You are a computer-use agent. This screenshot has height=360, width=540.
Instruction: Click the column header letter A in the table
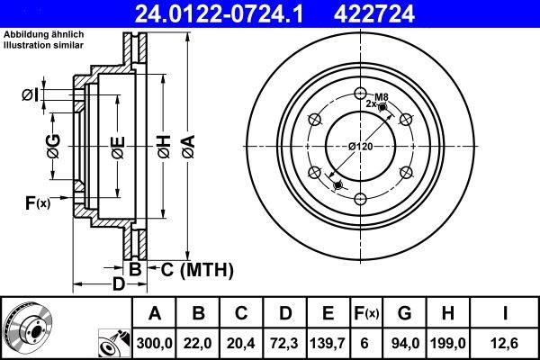pos(155,312)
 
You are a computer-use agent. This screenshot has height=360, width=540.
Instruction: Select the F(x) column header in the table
pos(367,312)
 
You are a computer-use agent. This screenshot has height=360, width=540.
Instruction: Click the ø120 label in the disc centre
pos(360,146)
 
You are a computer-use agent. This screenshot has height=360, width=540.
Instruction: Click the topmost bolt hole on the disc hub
pos(360,93)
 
